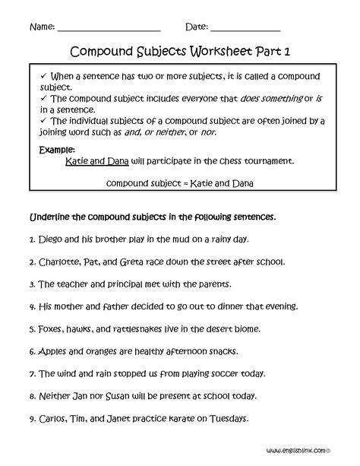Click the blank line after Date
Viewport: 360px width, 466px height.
(245, 28)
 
